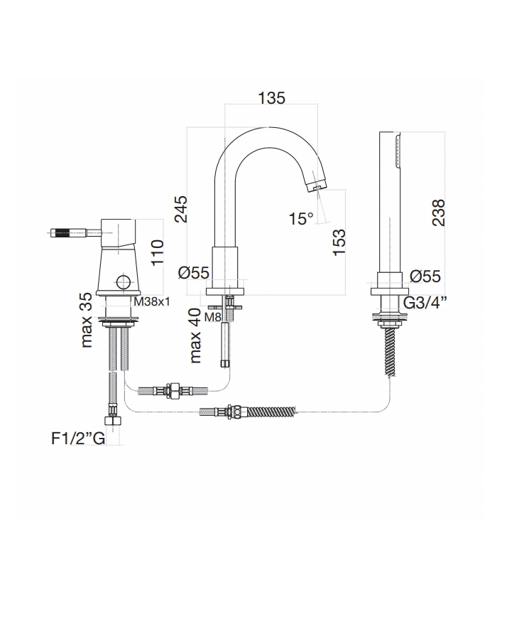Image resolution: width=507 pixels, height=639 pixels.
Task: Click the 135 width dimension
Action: point(272,98)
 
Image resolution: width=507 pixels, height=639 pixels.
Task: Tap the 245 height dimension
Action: point(181,209)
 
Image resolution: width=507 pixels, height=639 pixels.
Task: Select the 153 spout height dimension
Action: point(339,242)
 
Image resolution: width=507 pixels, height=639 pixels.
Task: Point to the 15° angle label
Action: point(301,219)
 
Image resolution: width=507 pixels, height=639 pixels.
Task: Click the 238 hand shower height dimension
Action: point(439,213)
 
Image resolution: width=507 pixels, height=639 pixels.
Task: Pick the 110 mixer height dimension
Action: point(158,253)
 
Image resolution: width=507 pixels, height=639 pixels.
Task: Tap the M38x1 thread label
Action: point(152,302)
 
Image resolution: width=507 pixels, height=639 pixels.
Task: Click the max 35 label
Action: point(87,321)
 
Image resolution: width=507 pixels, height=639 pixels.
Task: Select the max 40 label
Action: point(195,335)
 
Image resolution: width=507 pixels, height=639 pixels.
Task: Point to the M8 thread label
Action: point(212,316)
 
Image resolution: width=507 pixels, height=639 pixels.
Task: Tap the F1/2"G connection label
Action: point(78,439)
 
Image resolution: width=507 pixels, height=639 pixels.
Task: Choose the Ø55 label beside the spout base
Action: point(194,273)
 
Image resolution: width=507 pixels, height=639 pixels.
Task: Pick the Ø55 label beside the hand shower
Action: point(425,276)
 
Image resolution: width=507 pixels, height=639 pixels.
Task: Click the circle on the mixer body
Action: point(123,282)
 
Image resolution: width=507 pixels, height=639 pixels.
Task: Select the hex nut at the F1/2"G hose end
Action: point(111,421)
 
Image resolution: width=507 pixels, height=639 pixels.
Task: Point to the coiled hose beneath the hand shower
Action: point(390,351)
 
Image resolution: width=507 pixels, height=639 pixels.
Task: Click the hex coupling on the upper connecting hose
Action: point(174,391)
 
